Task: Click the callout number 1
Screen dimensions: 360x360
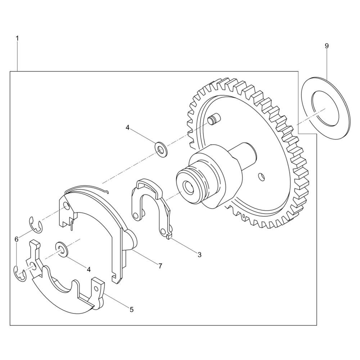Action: [17, 39]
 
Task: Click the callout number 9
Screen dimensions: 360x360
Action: [327, 46]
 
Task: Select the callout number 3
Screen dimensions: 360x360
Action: [199, 255]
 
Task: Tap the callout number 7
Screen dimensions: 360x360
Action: [160, 266]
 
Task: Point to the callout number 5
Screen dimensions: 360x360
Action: [131, 310]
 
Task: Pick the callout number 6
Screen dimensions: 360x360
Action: [16, 239]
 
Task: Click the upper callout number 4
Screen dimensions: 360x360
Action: [128, 128]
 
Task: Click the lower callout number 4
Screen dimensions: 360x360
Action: [89, 269]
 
